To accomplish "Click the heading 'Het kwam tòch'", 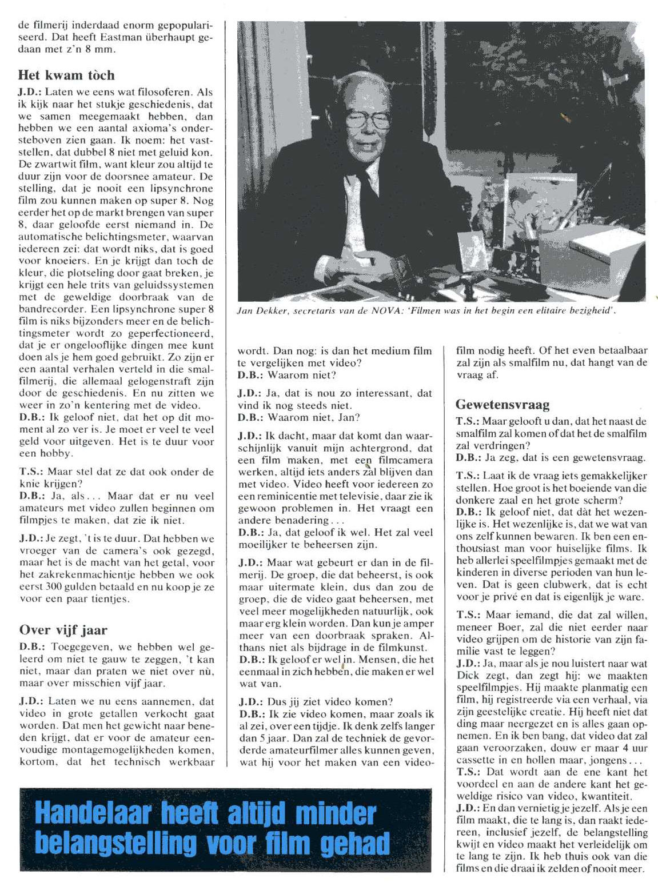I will point(66,75).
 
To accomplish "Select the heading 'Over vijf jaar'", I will point(63,630).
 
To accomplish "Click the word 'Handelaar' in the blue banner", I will point(91,814).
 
